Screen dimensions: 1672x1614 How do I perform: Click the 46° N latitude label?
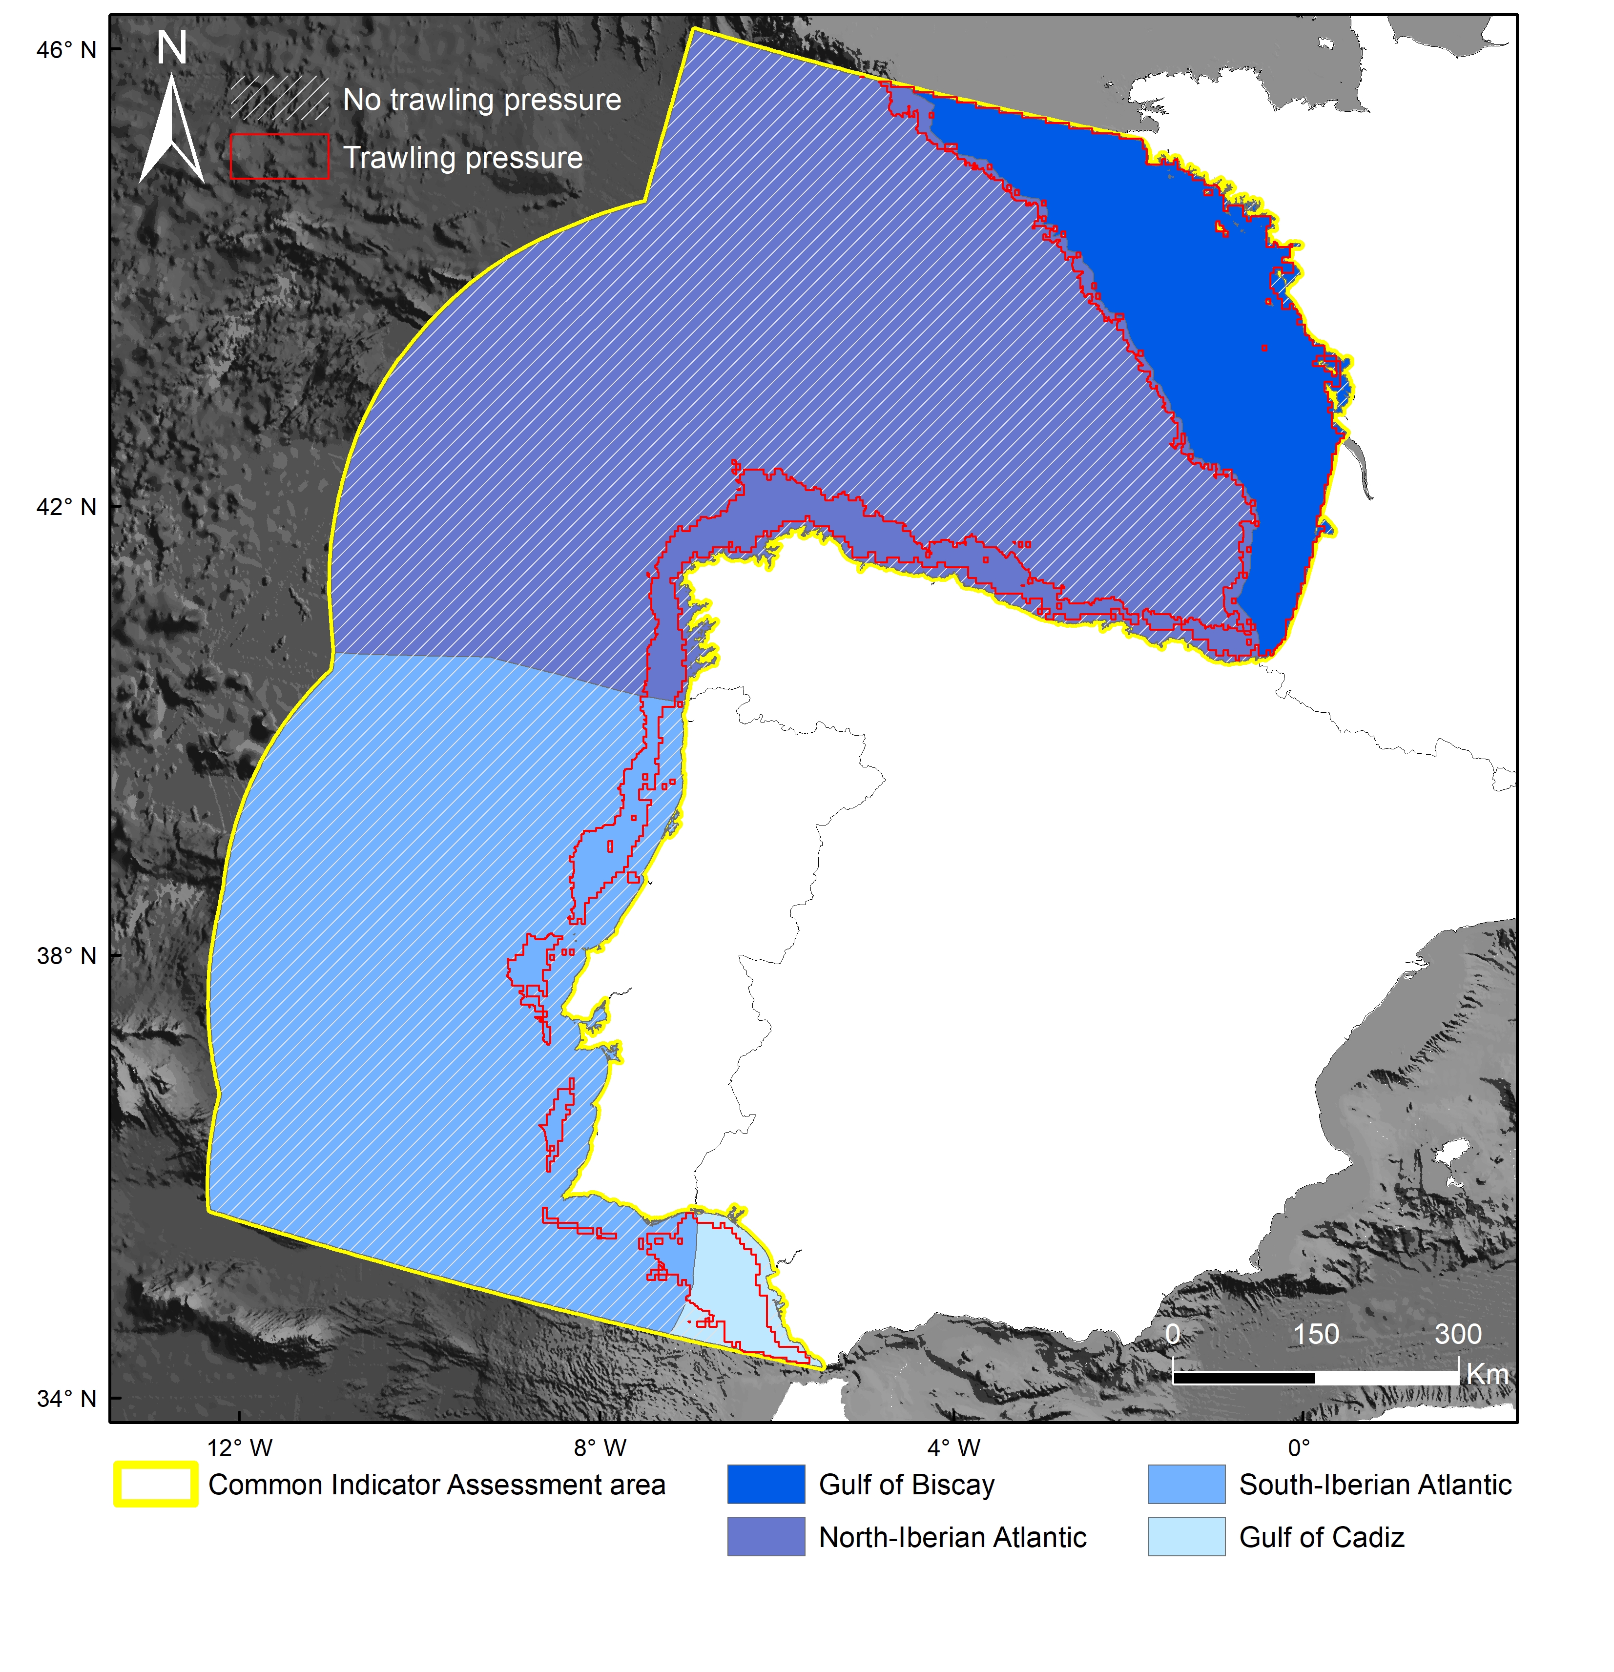(x=66, y=50)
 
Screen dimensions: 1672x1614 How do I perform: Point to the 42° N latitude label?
(x=66, y=507)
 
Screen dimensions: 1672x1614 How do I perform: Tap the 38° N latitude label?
(x=66, y=955)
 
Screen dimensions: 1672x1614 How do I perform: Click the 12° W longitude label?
(x=240, y=1447)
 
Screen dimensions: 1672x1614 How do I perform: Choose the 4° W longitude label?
(x=954, y=1447)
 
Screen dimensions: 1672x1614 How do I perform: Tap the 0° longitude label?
(x=1298, y=1447)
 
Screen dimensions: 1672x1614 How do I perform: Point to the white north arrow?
(x=172, y=132)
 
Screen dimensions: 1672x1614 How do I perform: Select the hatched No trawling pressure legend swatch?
(x=279, y=98)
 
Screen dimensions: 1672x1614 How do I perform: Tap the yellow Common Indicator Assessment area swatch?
(x=156, y=1485)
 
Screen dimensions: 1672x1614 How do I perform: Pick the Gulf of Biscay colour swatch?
(x=765, y=1485)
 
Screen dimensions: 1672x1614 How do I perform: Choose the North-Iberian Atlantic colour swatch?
(x=765, y=1536)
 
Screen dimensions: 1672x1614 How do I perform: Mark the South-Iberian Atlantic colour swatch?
(x=1186, y=1485)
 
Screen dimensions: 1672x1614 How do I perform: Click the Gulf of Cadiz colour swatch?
(x=1186, y=1536)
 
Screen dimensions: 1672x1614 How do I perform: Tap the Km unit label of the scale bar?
(x=1487, y=1374)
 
